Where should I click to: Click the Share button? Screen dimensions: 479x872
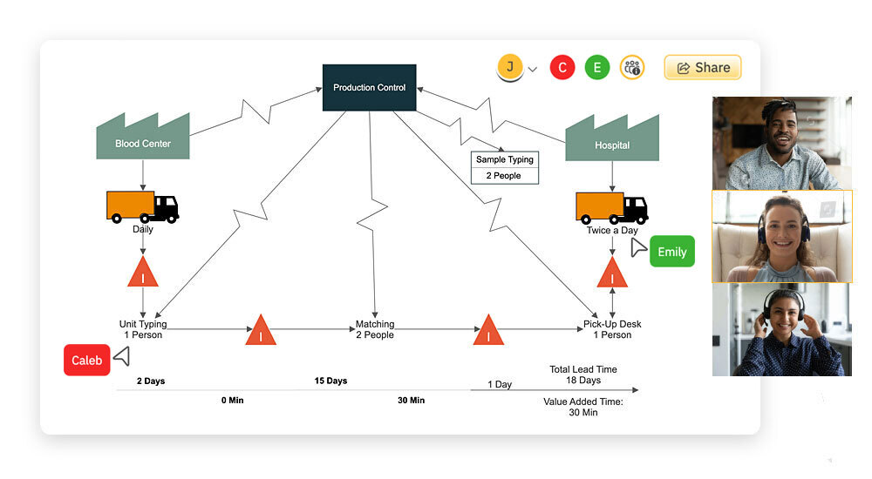703,67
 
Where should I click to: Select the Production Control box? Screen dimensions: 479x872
369,88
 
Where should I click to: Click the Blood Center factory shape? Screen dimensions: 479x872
143,138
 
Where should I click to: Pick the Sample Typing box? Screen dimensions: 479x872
505,167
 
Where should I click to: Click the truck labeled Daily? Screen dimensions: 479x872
142,206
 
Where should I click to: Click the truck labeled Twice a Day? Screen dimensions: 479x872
611,207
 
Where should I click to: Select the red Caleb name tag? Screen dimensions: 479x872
86,360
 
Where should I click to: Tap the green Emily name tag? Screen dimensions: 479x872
671,252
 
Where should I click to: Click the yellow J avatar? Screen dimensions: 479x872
510,66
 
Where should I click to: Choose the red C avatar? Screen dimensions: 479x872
562,67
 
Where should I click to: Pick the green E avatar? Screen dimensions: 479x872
597,67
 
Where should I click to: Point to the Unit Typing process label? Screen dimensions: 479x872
142,329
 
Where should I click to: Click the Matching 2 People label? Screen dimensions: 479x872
375,329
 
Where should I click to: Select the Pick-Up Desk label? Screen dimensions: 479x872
612,329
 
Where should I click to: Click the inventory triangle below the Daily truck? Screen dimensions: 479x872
143,273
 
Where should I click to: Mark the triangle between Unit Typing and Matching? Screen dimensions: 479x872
260,331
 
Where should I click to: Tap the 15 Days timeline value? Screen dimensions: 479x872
330,381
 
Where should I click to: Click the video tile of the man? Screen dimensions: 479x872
781,143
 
